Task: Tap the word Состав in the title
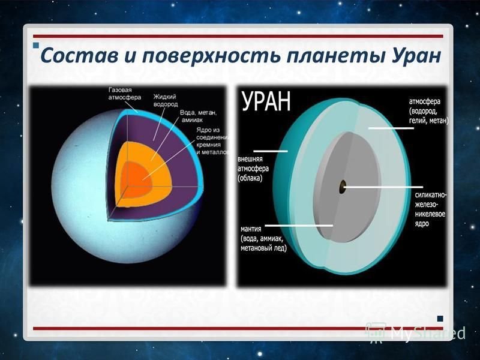pos(79,55)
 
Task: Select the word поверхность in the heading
pos(211,56)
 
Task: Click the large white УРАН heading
pos(266,101)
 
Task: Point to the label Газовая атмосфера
pos(125,94)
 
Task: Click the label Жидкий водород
pos(166,100)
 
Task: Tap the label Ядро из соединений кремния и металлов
pos(212,141)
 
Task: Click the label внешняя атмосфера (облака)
pos(253,169)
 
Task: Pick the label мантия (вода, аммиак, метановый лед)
pos(263,238)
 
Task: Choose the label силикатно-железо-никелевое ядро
pos(430,209)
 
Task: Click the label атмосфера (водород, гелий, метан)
pos(428,111)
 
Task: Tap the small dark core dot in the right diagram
pos(342,187)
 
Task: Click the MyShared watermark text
pos(428,334)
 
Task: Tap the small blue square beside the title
pos(36,46)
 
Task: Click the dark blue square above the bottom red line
pos(440,319)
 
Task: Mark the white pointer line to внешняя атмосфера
pos(271,151)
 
